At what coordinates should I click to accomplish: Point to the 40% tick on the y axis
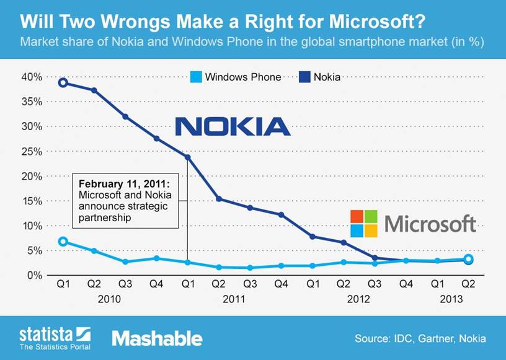click(x=32, y=77)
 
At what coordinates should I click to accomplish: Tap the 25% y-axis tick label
click(x=32, y=151)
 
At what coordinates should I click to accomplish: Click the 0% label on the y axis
click(x=35, y=275)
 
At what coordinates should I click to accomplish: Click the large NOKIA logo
click(x=233, y=126)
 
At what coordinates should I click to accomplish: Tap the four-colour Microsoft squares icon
click(x=364, y=224)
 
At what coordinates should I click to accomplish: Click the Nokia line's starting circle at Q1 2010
click(x=62, y=82)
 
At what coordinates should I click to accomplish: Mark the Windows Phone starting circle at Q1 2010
click(x=62, y=242)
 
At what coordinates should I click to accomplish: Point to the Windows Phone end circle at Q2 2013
click(x=469, y=259)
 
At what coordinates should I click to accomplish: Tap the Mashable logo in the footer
click(x=157, y=338)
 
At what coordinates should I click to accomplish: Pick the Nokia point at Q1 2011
click(x=187, y=157)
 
